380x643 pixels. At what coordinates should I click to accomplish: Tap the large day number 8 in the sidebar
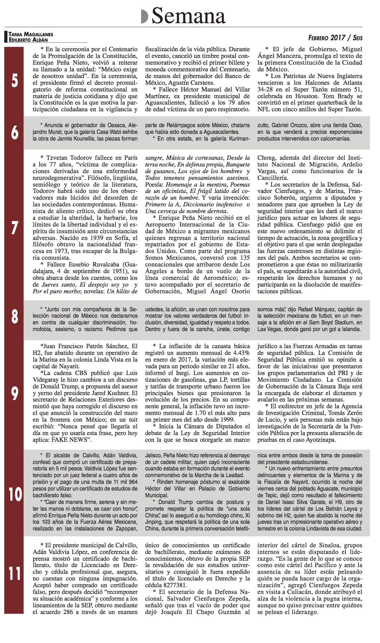pyautogui.click(x=14, y=317)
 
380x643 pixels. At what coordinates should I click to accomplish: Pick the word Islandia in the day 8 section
pyautogui.click(x=351, y=329)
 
